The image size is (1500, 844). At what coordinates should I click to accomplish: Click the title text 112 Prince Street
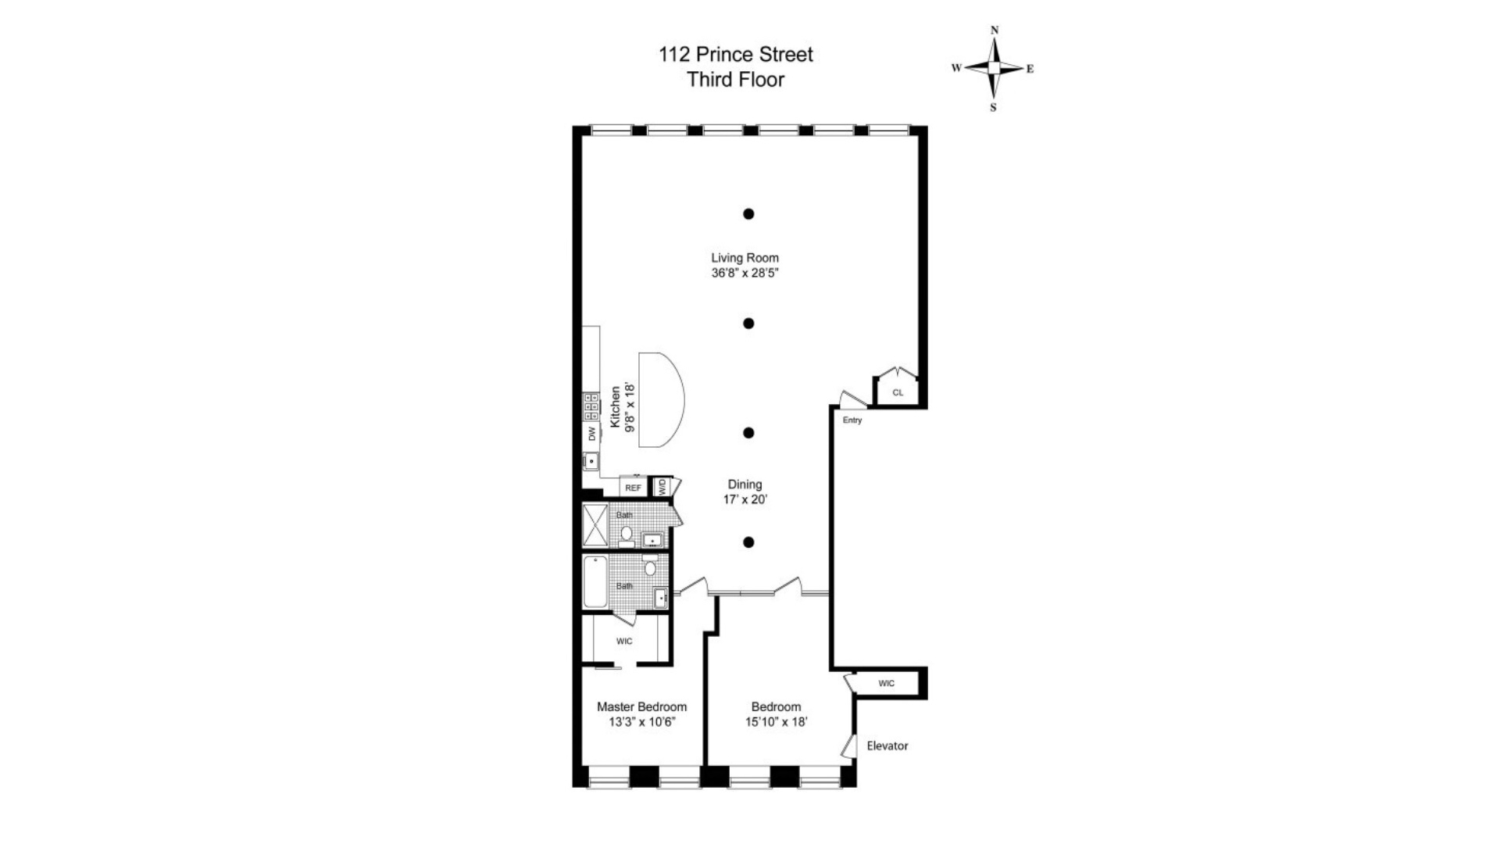click(735, 55)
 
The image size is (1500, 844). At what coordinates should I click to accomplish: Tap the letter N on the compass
click(995, 30)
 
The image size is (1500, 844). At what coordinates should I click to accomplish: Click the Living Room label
click(745, 258)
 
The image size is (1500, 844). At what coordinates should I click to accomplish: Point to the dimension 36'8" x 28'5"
click(745, 274)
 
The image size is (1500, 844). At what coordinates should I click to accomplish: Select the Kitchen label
click(616, 406)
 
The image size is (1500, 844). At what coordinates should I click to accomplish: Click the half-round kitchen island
click(660, 399)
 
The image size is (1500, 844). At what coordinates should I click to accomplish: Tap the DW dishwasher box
click(591, 433)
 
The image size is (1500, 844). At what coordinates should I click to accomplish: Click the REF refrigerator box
click(633, 488)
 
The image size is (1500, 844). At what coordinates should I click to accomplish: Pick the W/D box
click(662, 487)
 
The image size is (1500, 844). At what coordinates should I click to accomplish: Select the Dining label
click(745, 485)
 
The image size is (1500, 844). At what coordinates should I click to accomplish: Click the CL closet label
click(898, 393)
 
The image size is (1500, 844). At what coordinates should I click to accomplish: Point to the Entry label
click(852, 420)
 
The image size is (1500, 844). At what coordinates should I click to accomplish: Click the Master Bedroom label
click(641, 706)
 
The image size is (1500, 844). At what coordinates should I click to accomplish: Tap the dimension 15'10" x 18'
click(776, 722)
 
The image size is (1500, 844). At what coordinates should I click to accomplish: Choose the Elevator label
click(887, 746)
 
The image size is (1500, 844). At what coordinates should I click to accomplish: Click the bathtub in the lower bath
click(595, 581)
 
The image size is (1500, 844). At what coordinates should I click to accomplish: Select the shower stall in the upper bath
click(595, 525)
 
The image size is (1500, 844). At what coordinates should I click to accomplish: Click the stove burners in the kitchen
click(591, 406)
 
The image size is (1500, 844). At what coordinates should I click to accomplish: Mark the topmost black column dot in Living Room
click(748, 213)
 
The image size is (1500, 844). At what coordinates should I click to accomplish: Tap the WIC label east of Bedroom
click(886, 684)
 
